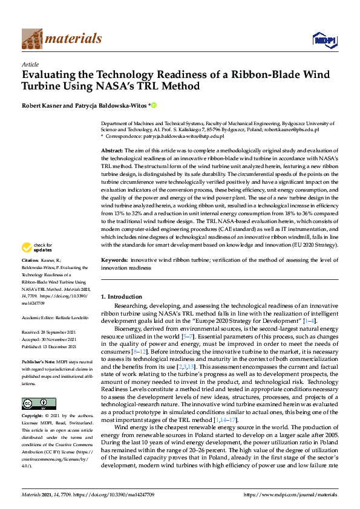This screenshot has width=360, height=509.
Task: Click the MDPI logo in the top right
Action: point(324,40)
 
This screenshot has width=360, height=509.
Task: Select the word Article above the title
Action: point(30,64)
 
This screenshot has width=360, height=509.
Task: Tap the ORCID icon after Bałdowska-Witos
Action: point(154,105)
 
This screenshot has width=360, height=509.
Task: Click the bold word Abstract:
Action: point(112,149)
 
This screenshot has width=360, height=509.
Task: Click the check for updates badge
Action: point(36,248)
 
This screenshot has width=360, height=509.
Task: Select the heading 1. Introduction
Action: point(121,297)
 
